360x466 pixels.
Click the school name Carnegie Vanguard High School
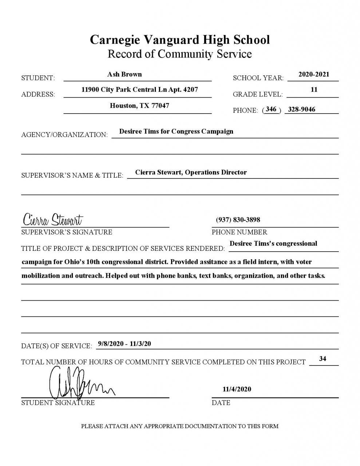(180, 39)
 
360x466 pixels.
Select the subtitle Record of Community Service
(180, 54)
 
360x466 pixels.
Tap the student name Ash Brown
(124, 74)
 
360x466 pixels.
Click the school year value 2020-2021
(314, 74)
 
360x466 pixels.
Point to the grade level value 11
(314, 90)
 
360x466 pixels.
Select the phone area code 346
(271, 109)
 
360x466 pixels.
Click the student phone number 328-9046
(301, 109)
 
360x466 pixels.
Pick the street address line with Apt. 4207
(140, 90)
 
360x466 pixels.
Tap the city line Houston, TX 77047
(139, 106)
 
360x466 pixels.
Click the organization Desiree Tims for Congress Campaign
(176, 131)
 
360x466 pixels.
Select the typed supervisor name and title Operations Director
(191, 172)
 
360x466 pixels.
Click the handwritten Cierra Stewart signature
(53, 220)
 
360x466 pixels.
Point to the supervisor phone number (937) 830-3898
(238, 220)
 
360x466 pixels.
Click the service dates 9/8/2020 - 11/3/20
(124, 344)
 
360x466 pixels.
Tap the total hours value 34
(323, 359)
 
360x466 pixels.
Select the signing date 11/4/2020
(237, 389)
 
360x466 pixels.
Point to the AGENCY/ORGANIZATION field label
(64, 135)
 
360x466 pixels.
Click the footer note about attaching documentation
(180, 426)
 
